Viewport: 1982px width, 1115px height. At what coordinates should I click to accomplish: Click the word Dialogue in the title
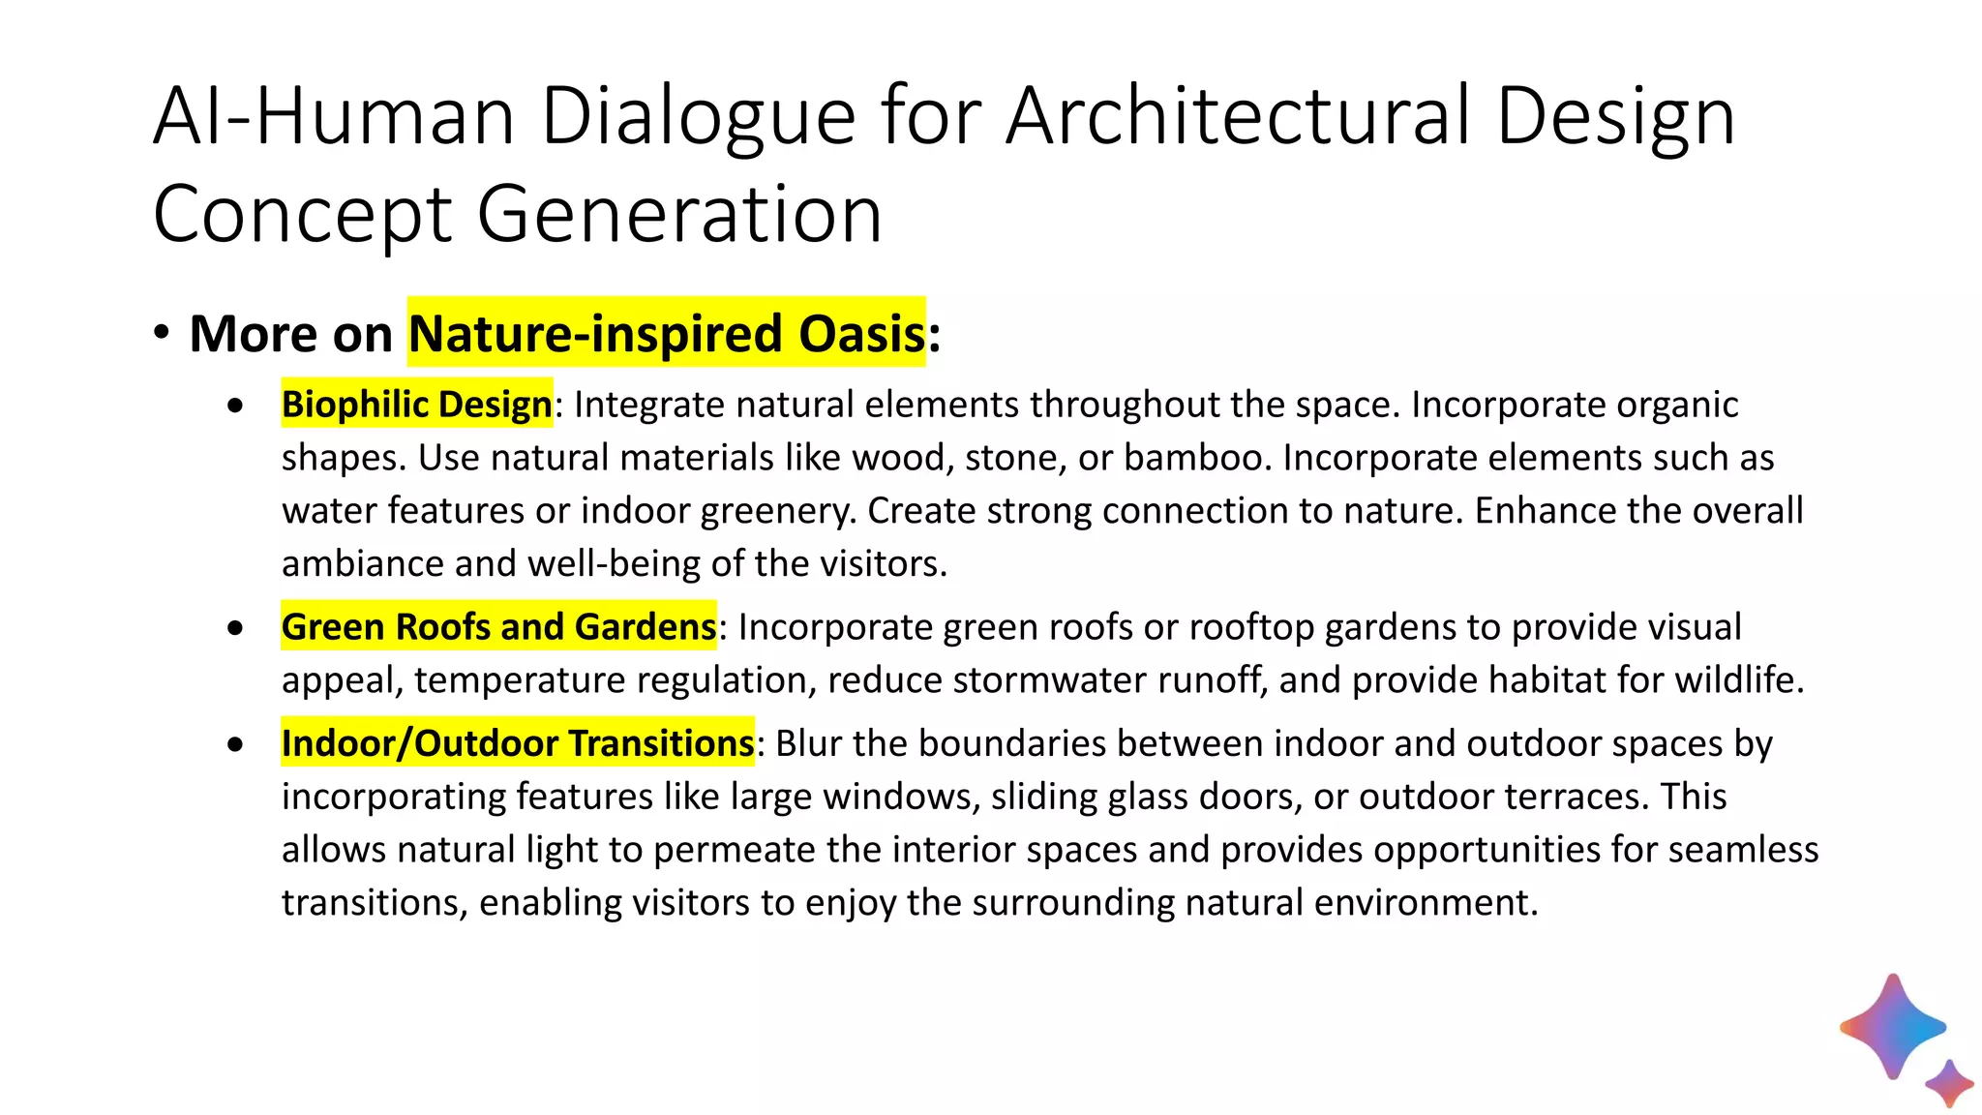tap(698, 118)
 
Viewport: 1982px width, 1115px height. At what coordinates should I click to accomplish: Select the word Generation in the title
tap(679, 215)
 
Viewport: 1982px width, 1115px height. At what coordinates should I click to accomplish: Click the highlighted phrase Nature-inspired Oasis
tap(666, 333)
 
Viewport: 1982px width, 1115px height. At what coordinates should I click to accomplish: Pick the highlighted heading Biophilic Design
tap(416, 405)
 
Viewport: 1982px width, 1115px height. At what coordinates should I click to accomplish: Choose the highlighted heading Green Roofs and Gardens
tap(498, 627)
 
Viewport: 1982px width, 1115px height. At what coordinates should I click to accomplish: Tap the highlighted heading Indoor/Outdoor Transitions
tap(517, 743)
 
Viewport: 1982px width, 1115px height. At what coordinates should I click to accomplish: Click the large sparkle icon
tap(1892, 1026)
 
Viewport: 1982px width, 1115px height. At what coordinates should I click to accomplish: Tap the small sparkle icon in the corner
tap(1949, 1083)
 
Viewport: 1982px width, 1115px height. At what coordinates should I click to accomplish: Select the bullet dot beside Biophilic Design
tap(236, 406)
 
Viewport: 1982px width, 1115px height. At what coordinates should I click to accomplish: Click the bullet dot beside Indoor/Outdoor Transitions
tap(236, 744)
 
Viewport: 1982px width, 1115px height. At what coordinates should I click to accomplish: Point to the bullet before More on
tap(162, 333)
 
